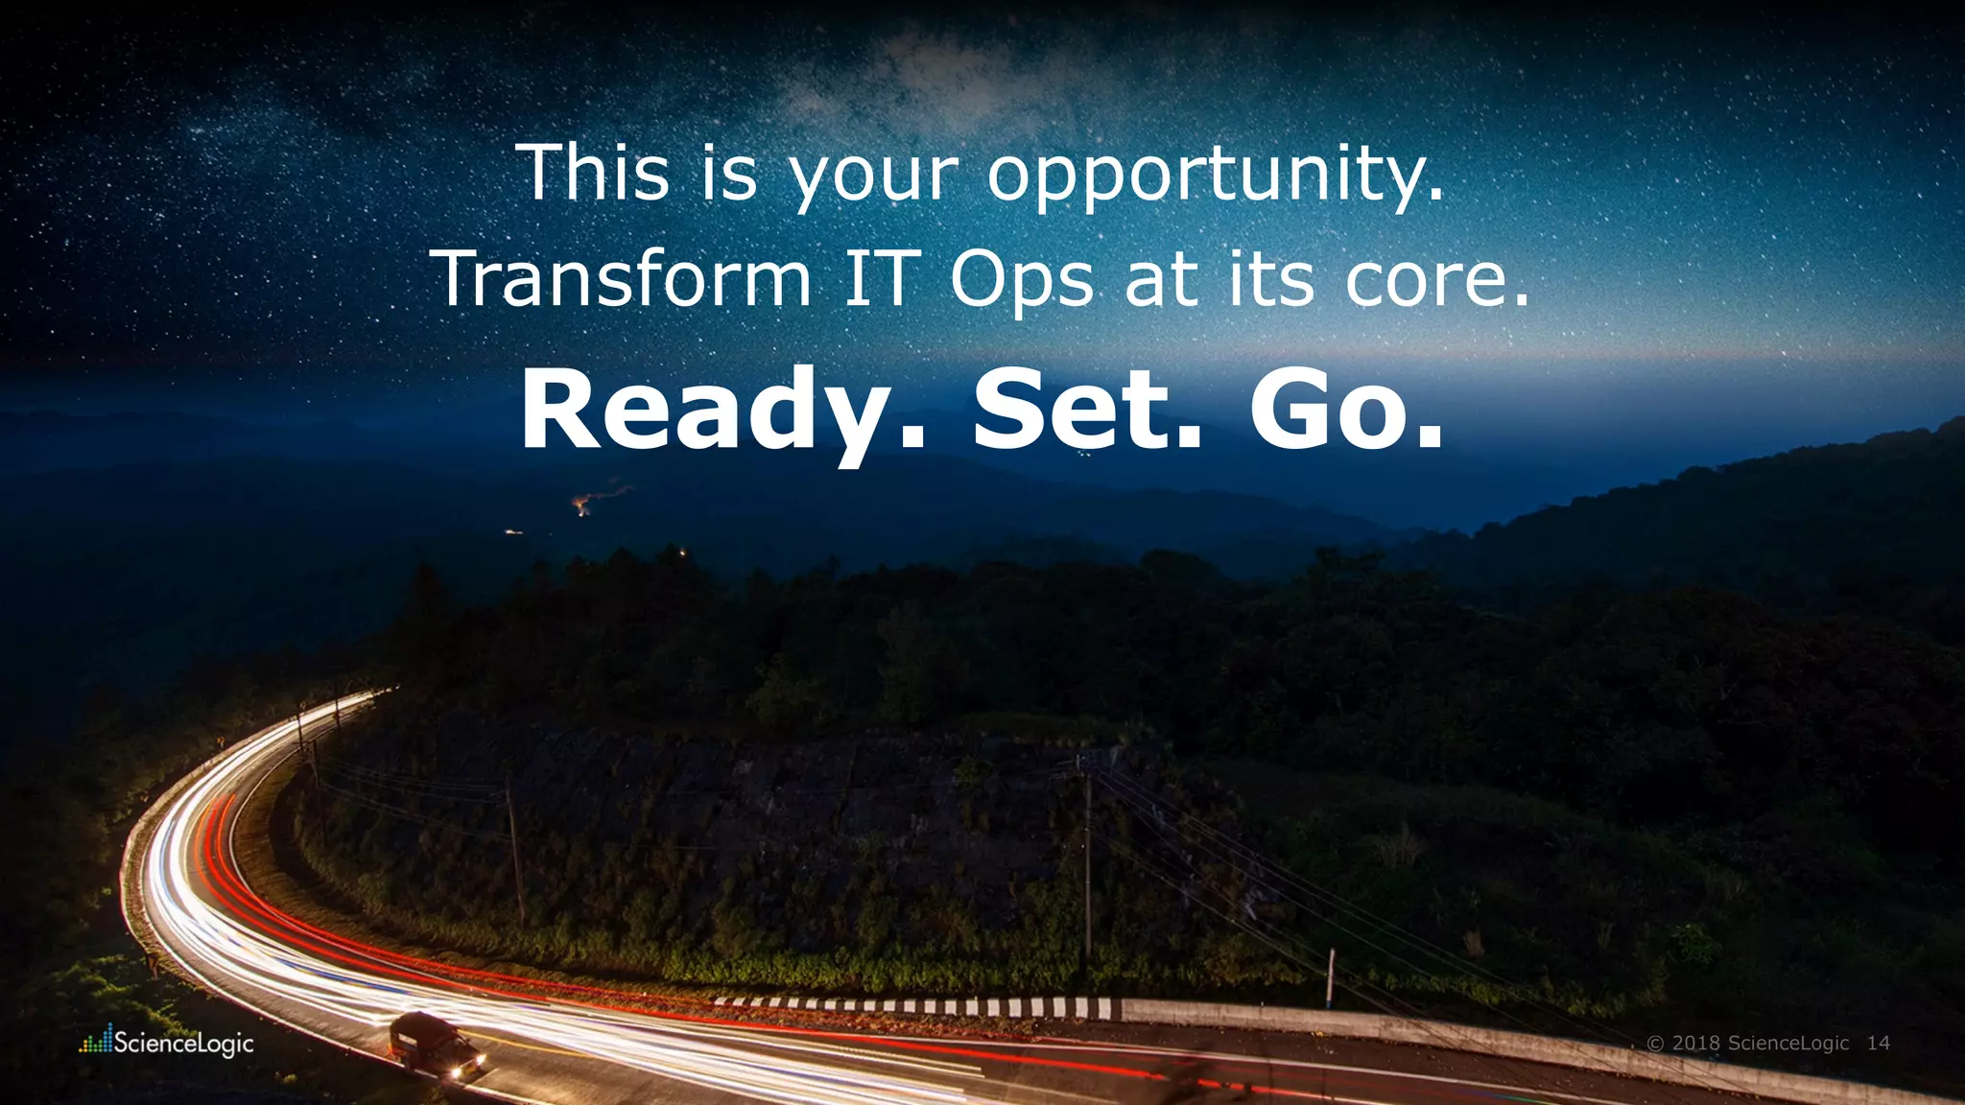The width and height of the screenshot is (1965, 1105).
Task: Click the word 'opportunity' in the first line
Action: [1214, 176]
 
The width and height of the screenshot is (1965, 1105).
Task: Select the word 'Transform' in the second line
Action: [625, 279]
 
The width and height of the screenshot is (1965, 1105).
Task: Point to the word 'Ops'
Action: [1022, 281]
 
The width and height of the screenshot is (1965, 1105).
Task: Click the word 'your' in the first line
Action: [872, 178]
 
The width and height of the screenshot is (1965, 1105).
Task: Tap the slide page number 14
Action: [1878, 1043]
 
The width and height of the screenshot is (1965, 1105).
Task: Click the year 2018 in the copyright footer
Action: [1694, 1043]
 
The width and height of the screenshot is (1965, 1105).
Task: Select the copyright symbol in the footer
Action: [1655, 1043]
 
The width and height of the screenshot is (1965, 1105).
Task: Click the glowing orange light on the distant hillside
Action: [581, 505]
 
